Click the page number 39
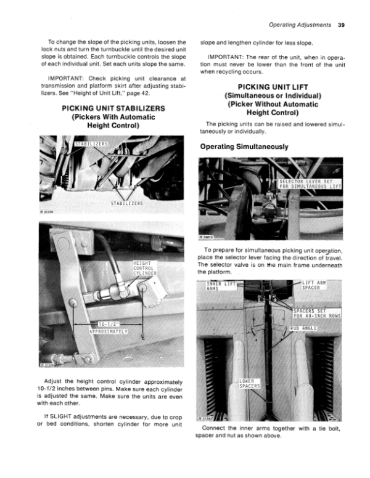[341, 25]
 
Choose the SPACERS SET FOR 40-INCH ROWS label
[316, 314]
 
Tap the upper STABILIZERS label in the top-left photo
[91, 145]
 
